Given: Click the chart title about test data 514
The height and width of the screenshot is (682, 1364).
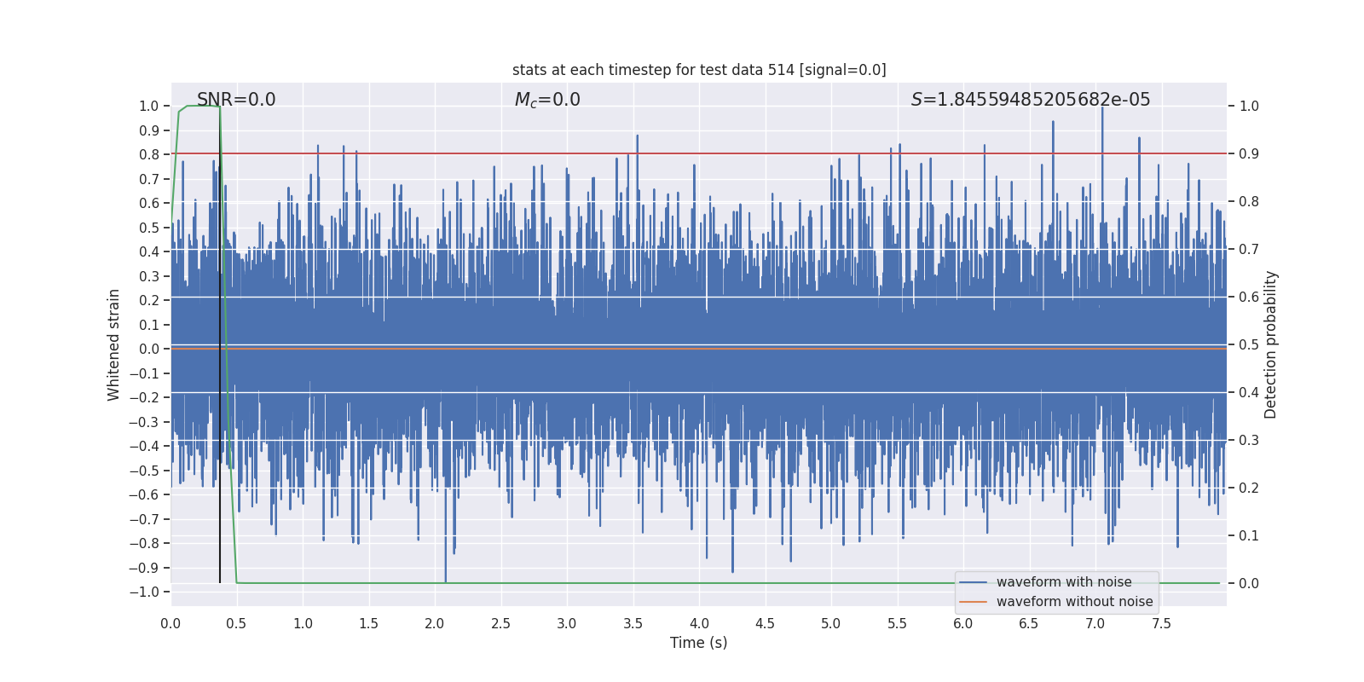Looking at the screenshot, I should click(699, 70).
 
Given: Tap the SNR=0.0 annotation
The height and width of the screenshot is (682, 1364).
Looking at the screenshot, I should click(236, 100).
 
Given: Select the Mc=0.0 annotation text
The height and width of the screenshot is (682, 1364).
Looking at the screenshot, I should click(547, 100).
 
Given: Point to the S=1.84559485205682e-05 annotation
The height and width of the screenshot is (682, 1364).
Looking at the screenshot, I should click(1031, 100).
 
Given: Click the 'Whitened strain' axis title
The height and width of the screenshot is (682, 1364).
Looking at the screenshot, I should click(114, 344).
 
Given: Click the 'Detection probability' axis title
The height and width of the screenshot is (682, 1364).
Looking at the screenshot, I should click(1271, 344).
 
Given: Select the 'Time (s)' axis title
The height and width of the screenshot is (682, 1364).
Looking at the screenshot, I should click(698, 643).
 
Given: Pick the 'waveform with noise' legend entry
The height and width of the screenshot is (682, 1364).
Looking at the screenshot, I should click(1063, 582).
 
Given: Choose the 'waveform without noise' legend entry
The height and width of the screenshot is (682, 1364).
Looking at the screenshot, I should click(1074, 602).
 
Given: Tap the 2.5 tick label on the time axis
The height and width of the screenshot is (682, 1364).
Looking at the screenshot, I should click(500, 624).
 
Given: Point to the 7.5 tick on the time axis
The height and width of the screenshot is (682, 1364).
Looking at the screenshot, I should click(1161, 624).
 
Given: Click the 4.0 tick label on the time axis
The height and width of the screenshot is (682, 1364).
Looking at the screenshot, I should click(699, 624).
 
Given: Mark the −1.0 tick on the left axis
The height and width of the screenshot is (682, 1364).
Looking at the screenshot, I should click(148, 592).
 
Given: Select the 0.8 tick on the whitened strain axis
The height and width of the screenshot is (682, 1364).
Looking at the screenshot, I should click(149, 155).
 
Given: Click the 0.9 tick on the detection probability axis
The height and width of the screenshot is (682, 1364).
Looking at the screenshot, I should click(1249, 154).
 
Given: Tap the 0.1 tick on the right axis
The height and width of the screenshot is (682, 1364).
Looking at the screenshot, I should click(1249, 536).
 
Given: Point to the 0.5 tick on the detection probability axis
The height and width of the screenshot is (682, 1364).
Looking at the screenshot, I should click(1249, 345).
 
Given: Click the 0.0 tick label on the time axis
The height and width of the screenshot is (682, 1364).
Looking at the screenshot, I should click(170, 624).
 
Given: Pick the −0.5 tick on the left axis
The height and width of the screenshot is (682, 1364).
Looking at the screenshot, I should click(148, 471).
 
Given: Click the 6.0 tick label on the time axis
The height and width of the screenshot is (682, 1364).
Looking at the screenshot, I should click(963, 624).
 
